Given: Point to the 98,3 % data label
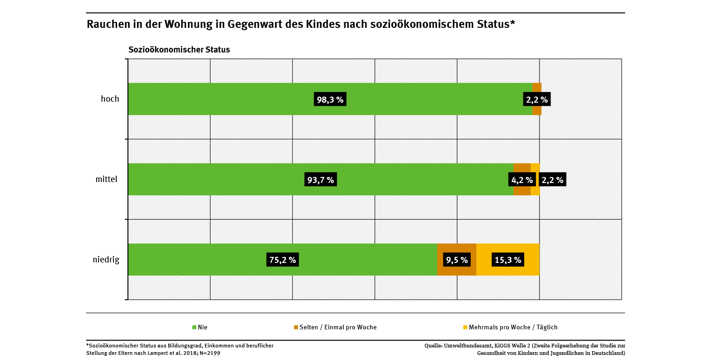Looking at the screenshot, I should (x=330, y=99).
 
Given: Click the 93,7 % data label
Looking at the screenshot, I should (x=321, y=180).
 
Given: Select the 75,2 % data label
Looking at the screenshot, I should (x=283, y=260).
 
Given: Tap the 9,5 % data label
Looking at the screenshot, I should (x=457, y=260).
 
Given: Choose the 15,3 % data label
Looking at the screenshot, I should (x=507, y=260).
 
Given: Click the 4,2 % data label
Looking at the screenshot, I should (x=522, y=180).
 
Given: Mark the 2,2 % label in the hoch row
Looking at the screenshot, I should (x=537, y=99).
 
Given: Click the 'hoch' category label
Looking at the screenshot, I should (x=110, y=99).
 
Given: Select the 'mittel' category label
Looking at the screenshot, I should (x=106, y=179).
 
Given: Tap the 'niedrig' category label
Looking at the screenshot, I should (x=106, y=260).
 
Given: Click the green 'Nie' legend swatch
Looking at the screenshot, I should (x=194, y=327).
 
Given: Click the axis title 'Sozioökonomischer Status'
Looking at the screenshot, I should (x=179, y=50).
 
